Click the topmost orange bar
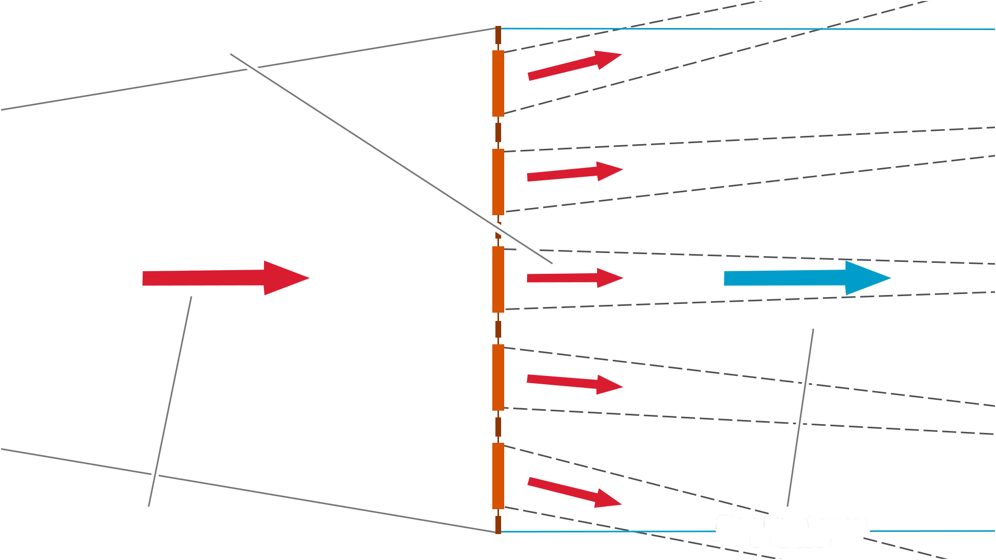[497, 84]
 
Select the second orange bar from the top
[497, 181]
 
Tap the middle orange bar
[497, 280]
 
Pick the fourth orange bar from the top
[497, 377]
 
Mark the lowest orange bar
[497, 475]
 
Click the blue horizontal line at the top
[747, 29]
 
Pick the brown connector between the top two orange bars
[498, 133]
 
